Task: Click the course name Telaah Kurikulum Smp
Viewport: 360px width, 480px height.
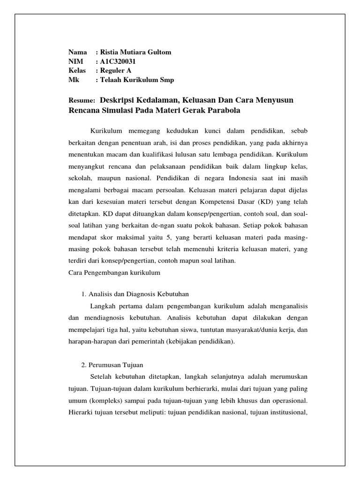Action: point(136,80)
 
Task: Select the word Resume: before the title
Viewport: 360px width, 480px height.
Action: point(82,101)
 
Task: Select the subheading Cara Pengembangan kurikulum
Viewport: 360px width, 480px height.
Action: point(114,272)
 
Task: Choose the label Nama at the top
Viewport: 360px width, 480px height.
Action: point(78,52)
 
